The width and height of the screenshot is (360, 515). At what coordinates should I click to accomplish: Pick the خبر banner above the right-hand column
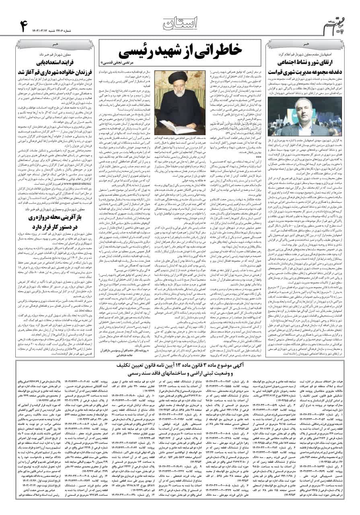tap(306, 43)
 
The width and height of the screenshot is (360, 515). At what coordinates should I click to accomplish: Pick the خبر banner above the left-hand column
tap(57, 43)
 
